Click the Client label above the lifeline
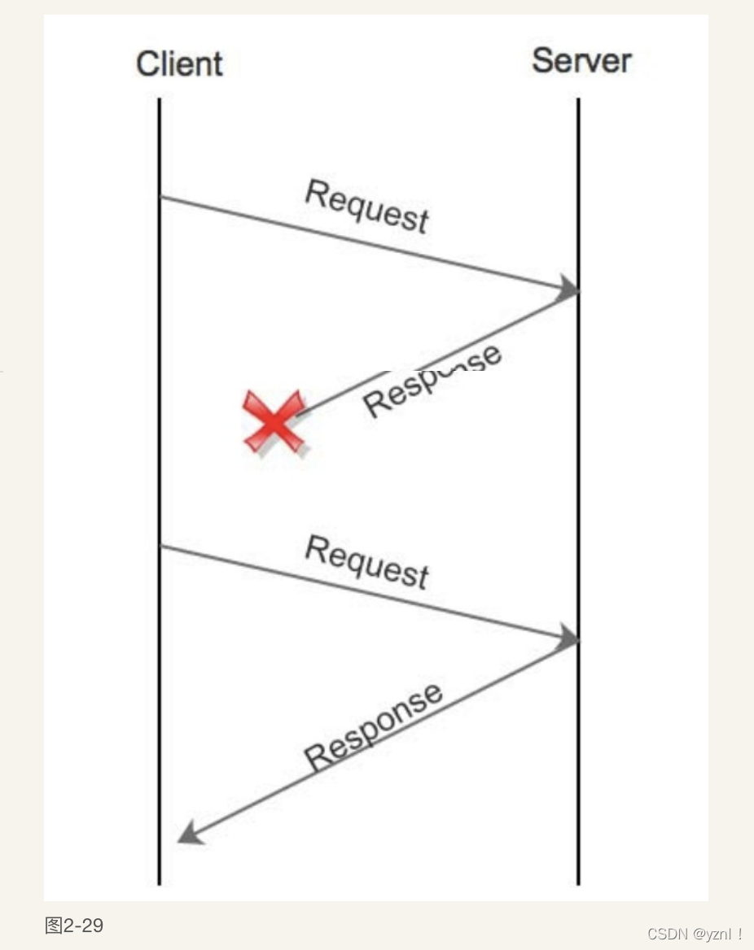(179, 63)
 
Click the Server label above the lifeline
(581, 60)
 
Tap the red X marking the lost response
(275, 421)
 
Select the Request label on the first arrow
(366, 206)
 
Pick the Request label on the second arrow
(366, 561)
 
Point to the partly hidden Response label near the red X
(432, 381)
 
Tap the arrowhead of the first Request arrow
(568, 288)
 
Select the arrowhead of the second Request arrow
(568, 638)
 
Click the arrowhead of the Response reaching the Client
(189, 832)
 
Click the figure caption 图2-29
(74, 925)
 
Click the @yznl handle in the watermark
(712, 934)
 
